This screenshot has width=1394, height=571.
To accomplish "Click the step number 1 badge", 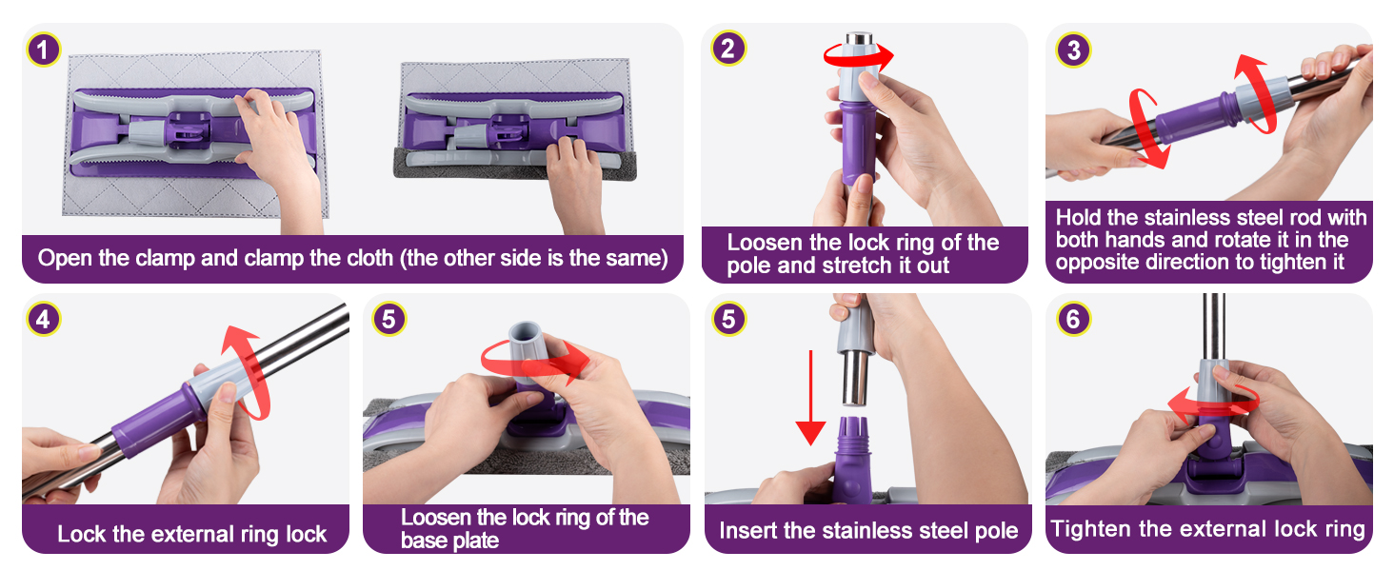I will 45,49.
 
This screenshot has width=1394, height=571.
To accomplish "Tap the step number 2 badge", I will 727,49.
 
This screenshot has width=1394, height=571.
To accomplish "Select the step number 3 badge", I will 1073,49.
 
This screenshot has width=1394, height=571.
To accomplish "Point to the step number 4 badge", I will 43,319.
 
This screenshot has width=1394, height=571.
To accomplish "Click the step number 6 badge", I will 1073,319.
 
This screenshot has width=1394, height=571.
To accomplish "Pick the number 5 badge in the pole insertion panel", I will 728,319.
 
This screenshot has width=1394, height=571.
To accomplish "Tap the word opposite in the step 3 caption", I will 1096,262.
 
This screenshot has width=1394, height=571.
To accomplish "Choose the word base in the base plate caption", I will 425,541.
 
